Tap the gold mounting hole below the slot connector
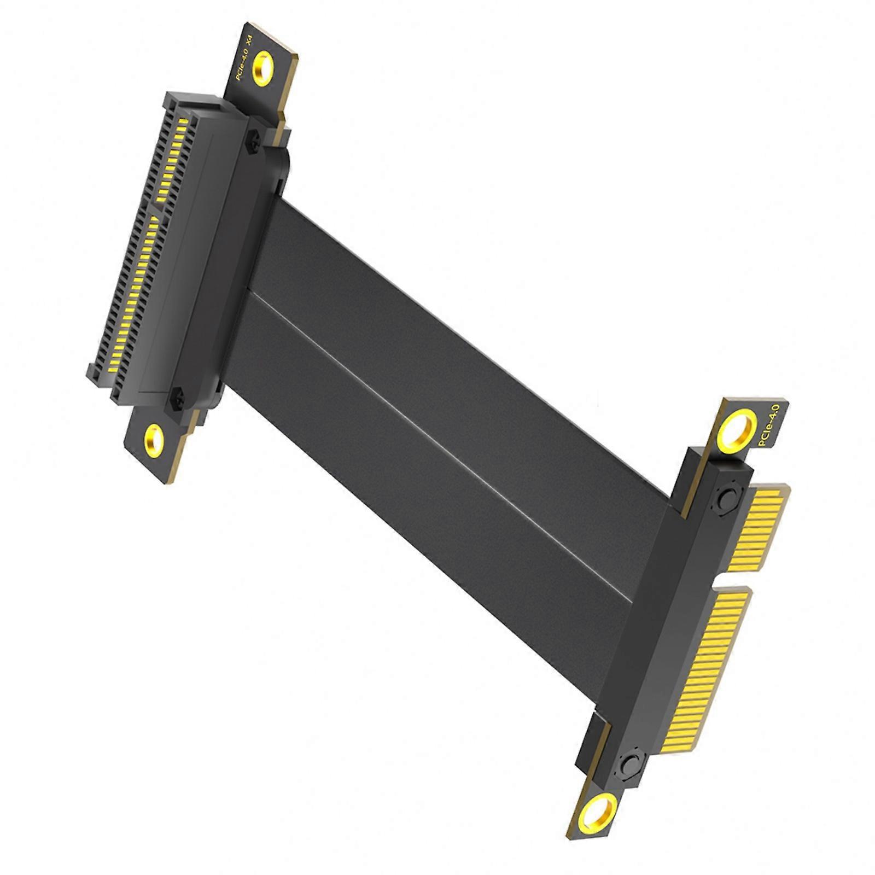154,438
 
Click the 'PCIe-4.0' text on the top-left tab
242,65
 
